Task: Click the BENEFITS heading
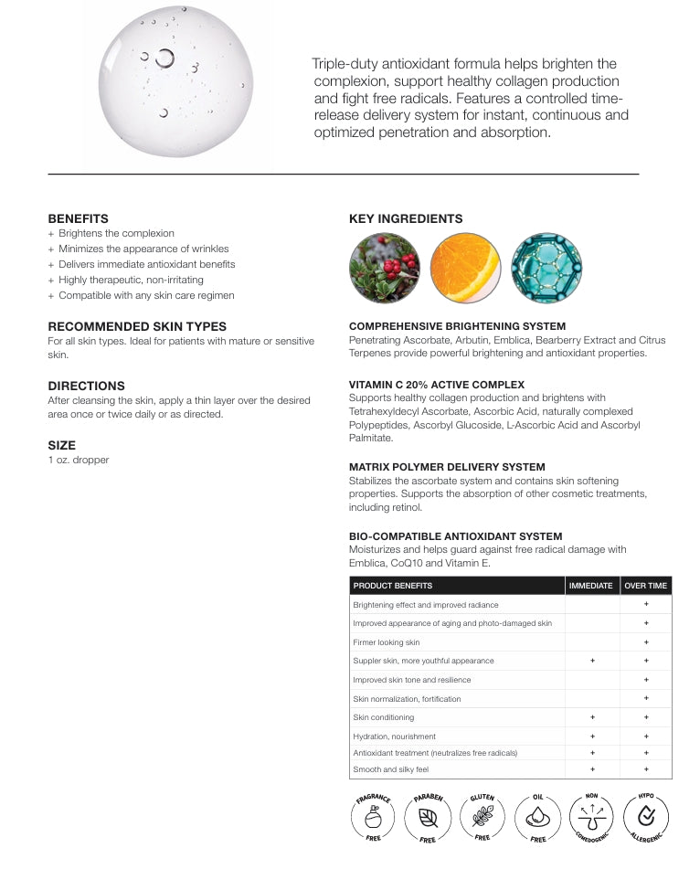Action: [78, 218]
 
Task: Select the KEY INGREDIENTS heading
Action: [406, 218]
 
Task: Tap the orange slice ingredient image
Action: [465, 269]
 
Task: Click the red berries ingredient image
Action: [385, 269]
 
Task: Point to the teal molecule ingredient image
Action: [546, 269]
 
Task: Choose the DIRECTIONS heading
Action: [86, 386]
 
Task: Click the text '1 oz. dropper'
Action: [79, 460]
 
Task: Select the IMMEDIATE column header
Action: [590, 585]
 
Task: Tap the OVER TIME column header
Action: [645, 585]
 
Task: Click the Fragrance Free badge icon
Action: [374, 816]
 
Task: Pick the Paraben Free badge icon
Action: [428, 816]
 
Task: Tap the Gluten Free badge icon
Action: [483, 816]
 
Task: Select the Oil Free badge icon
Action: [538, 816]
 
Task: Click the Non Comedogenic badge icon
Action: [593, 816]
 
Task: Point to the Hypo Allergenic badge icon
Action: [648, 816]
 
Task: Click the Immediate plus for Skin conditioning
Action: [592, 717]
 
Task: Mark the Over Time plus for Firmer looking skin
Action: [646, 642]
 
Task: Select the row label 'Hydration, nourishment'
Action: [395, 737]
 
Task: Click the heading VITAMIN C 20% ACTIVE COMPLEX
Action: [436, 384]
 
